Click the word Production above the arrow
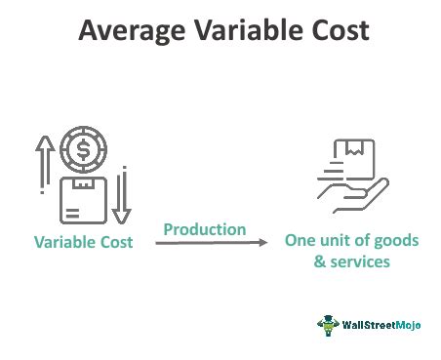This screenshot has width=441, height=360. (204, 230)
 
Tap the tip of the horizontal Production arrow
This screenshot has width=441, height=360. (266, 244)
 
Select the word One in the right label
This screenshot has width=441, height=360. (301, 241)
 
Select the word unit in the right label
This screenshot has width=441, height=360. (335, 241)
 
